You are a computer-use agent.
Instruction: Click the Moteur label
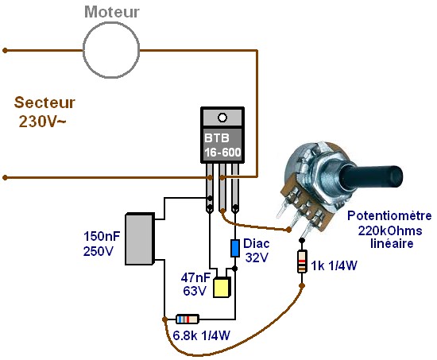[x=111, y=12]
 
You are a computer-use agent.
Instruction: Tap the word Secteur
[x=44, y=103]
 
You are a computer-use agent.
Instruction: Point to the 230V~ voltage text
[x=42, y=122]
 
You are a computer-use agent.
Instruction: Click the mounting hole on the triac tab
[x=222, y=118]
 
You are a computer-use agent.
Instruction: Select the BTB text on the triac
[x=217, y=138]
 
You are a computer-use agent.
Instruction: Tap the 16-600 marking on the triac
[x=222, y=153]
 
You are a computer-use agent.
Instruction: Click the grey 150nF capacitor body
[x=140, y=238]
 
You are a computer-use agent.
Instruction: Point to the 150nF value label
[x=102, y=236]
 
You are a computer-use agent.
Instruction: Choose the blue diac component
[x=235, y=248]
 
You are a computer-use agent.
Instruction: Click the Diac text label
[x=257, y=244]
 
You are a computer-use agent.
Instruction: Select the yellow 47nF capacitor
[x=222, y=287]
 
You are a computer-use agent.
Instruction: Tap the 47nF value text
[x=195, y=277]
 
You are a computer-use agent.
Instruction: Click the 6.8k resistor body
[x=188, y=319]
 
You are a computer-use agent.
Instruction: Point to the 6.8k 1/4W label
[x=201, y=335]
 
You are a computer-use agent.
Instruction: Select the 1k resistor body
[x=302, y=261]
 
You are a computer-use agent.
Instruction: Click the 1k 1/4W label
[x=334, y=265]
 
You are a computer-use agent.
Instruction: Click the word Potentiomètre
[x=389, y=216]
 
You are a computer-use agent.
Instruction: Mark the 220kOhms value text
[x=390, y=230]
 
